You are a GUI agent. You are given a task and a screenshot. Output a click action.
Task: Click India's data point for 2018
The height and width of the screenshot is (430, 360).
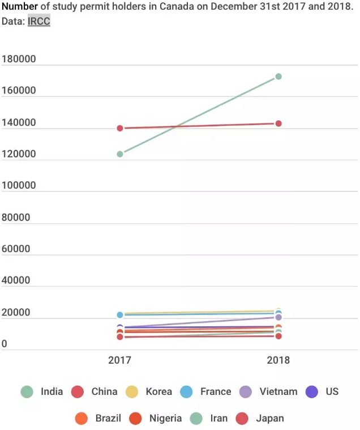point(278,76)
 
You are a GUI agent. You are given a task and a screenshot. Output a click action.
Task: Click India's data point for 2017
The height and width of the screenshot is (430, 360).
point(120,154)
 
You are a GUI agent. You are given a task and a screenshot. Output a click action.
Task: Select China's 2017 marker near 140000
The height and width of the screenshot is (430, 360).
point(120,128)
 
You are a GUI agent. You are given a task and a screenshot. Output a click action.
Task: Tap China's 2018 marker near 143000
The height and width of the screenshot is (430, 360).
point(278,124)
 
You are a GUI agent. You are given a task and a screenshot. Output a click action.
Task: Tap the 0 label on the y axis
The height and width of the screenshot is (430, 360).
point(5,344)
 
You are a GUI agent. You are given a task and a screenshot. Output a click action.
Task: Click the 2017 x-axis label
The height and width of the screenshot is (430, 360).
point(120,360)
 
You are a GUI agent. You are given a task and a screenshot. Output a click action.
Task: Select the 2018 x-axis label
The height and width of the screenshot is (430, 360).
point(278,360)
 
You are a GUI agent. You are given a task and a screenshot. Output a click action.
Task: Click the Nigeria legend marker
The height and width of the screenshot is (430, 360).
point(136,419)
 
